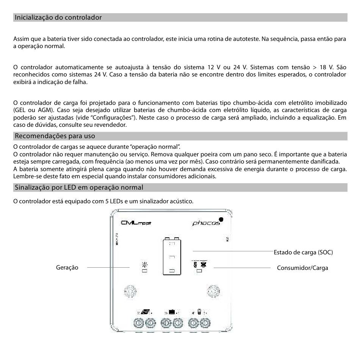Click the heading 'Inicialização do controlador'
coord(58,17)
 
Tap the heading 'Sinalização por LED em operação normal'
coord(78,187)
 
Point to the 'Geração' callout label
coord(67,268)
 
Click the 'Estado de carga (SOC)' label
coord(303,252)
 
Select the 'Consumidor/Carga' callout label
coord(302,268)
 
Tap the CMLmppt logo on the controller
coord(136,223)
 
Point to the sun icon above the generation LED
coord(144,264)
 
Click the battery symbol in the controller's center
coord(171,256)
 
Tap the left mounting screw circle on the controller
coord(130,291)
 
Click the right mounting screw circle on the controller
coord(213,291)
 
